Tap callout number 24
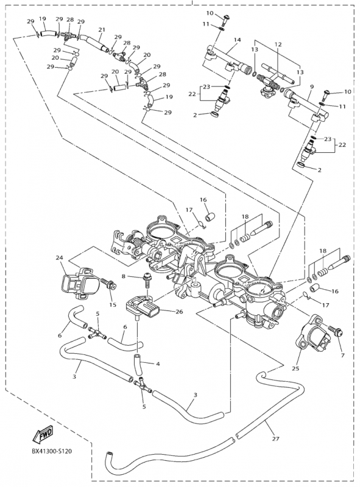60,258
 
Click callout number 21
102,29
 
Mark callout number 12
278,44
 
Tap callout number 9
311,87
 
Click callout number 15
112,304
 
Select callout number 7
343,354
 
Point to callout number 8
124,277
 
